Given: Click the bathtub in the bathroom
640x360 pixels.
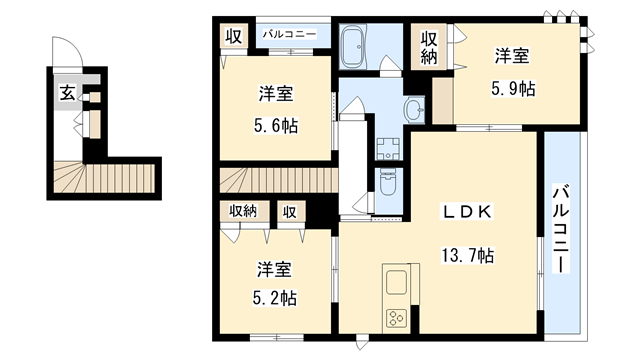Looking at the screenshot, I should click(357, 45).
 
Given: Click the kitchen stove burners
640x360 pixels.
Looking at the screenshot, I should click(393, 318).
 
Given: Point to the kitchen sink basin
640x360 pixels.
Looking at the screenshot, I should click(393, 281).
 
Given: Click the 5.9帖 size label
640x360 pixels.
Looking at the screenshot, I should click(513, 88).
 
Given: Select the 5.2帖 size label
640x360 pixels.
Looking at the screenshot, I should click(274, 298).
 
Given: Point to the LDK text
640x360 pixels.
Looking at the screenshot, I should click(466, 212).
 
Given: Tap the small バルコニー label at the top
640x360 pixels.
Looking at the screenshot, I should click(290, 35).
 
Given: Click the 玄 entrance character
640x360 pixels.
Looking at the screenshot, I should click(66, 94).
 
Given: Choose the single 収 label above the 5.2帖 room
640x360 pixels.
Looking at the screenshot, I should click(289, 211).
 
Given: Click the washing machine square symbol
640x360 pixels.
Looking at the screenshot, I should click(388, 148).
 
